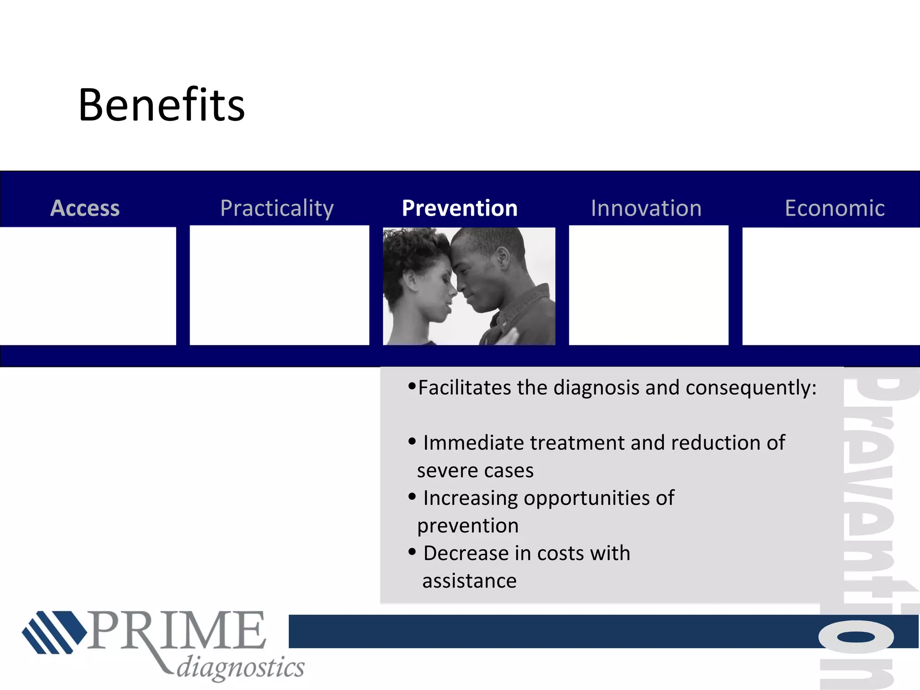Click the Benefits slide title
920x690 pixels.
tap(161, 105)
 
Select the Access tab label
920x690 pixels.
tap(85, 208)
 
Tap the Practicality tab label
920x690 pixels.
tap(277, 208)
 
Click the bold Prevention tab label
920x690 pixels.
tap(460, 208)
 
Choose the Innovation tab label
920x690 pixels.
tap(646, 208)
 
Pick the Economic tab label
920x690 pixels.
tap(834, 208)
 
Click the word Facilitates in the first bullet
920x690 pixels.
tap(464, 387)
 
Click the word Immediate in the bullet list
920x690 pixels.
tap(474, 443)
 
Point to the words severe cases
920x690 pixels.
tap(475, 471)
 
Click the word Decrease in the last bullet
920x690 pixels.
tap(466, 553)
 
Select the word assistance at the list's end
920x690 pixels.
tap(469, 581)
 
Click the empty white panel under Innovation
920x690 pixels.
tap(648, 286)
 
